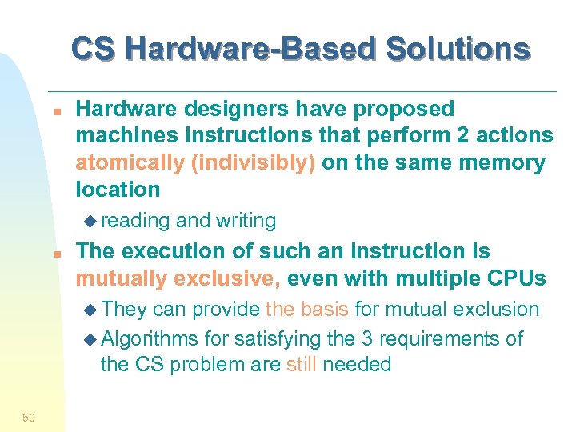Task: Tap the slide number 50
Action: (x=29, y=417)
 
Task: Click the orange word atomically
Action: (x=130, y=162)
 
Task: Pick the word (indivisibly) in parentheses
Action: (x=254, y=162)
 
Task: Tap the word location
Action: (x=118, y=190)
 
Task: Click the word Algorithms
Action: (x=150, y=338)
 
